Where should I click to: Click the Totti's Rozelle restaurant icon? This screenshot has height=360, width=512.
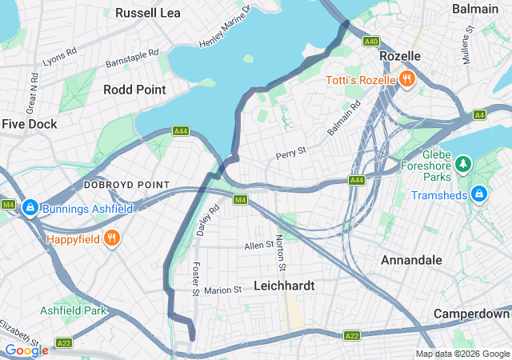tap(406, 79)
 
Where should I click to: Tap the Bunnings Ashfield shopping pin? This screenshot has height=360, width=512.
tap(30, 208)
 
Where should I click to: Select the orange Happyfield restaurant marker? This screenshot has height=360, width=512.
tap(112, 238)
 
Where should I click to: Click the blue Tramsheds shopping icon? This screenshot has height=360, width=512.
tap(479, 194)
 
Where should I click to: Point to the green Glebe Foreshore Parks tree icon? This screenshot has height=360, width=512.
tap(462, 165)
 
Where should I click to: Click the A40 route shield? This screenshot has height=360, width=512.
tap(370, 41)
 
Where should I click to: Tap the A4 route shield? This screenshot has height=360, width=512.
tap(478, 115)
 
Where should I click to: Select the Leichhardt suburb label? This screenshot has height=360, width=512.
tap(284, 286)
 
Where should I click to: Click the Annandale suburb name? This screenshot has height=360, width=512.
tap(411, 261)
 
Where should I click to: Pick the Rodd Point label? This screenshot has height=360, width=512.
tap(134, 90)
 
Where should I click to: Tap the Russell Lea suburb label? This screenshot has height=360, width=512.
tap(148, 13)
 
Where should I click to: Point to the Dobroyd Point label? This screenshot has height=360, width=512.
tap(127, 185)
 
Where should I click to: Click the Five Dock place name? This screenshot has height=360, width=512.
tap(30, 124)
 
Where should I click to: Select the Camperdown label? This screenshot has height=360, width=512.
tap(472, 314)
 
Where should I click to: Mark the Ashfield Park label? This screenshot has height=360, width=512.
tap(74, 310)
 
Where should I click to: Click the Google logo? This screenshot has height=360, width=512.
tap(26, 350)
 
